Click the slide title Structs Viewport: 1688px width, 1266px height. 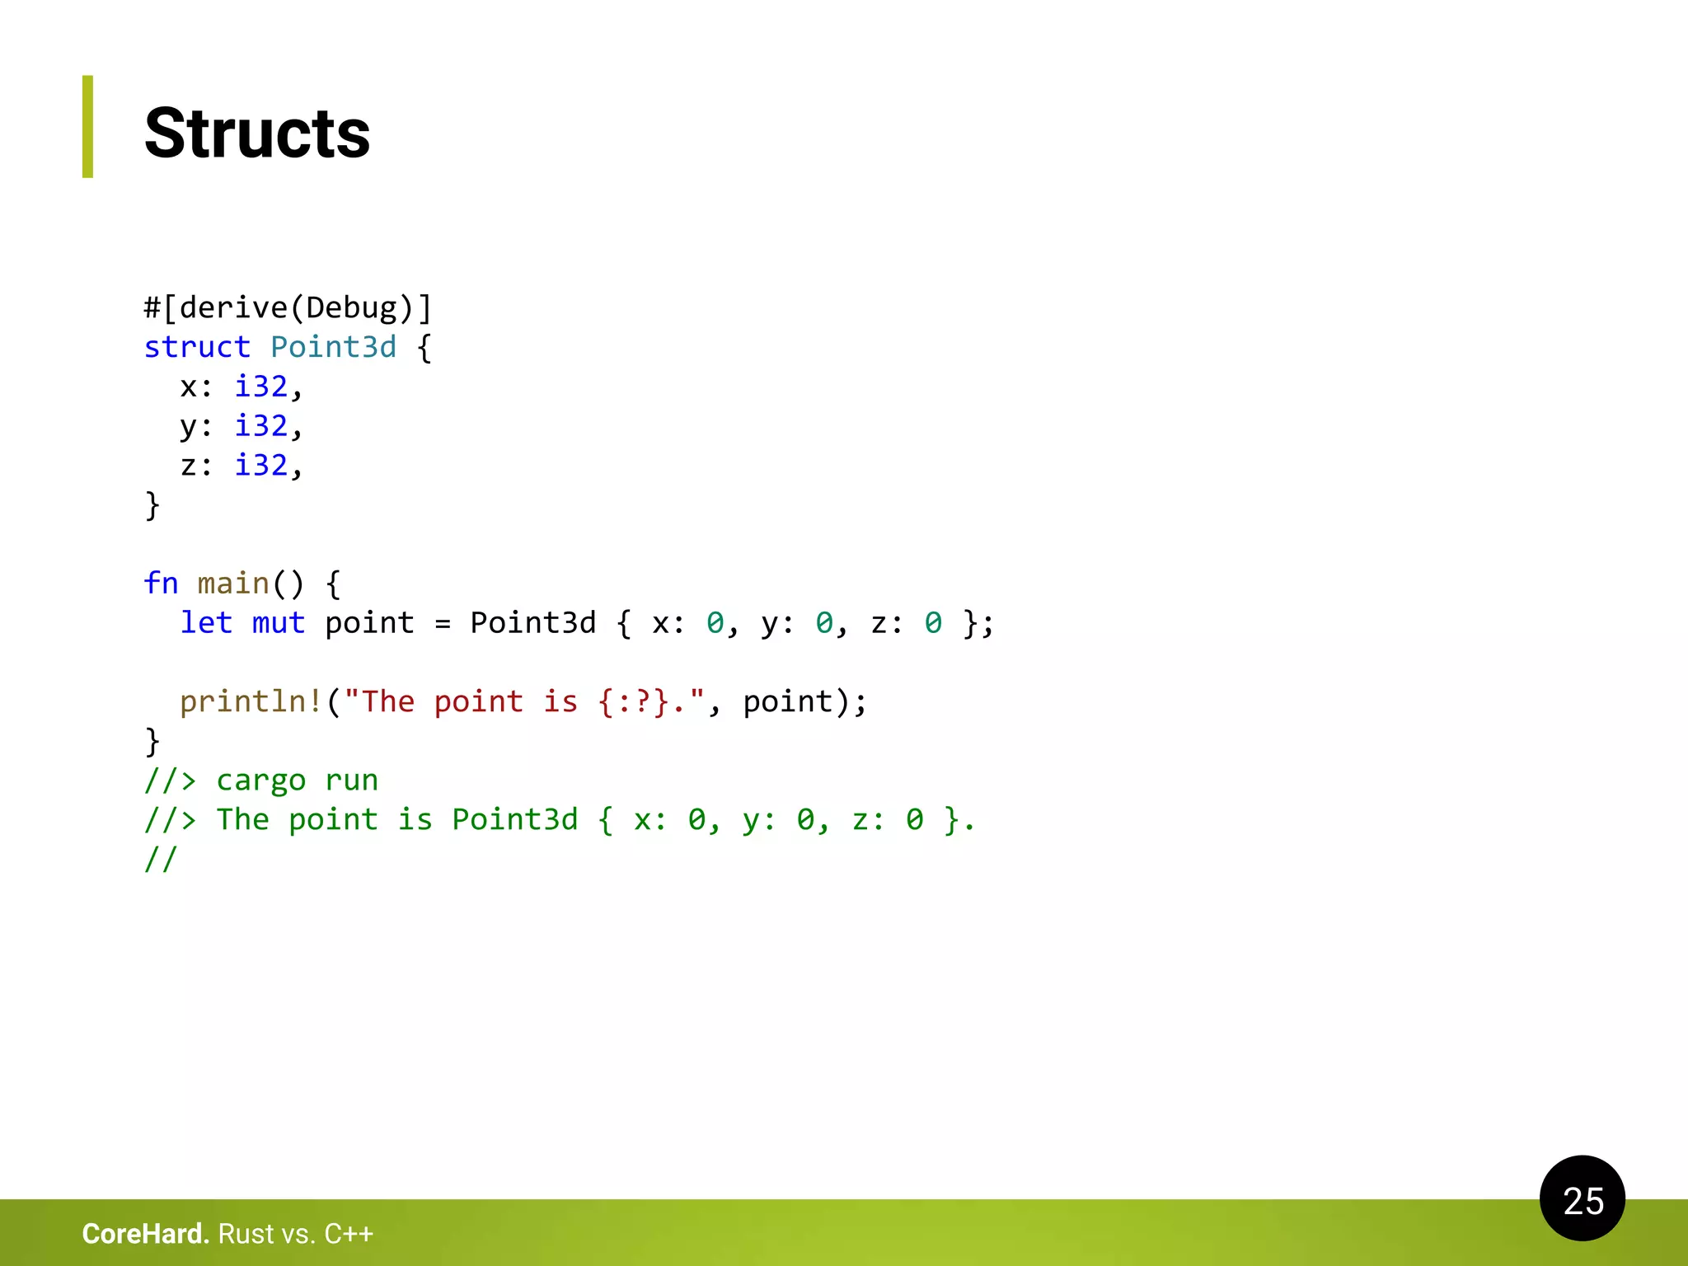click(257, 134)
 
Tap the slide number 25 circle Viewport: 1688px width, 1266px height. click(1582, 1199)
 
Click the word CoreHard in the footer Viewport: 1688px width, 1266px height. click(145, 1234)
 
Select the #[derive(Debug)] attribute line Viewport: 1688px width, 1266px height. click(288, 308)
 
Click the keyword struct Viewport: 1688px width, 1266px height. click(197, 347)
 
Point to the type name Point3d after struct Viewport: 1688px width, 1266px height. click(333, 347)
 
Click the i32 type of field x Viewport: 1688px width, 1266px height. click(261, 387)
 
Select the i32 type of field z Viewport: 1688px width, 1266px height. click(261, 466)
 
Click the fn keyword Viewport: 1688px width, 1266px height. click(161, 584)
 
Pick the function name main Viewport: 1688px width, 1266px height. click(233, 584)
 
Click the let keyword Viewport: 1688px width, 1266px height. click(206, 623)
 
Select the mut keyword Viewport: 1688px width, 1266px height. click(279, 623)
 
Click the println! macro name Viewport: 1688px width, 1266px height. click(251, 701)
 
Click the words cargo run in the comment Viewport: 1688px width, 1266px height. click(297, 781)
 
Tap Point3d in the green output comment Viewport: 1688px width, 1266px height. click(515, 820)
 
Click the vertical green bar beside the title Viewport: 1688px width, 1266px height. click(87, 127)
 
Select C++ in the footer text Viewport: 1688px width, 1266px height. click(349, 1234)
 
